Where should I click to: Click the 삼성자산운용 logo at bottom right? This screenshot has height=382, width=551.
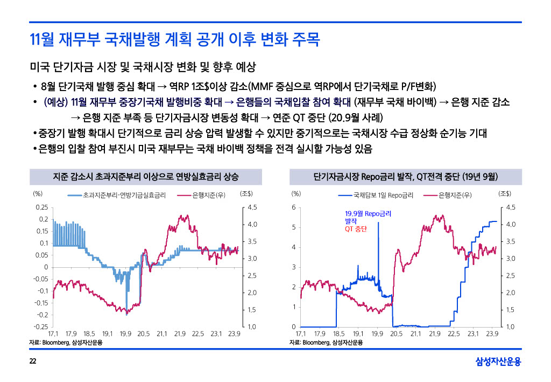click(x=498, y=361)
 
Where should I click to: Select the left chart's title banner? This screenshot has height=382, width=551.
click(x=146, y=177)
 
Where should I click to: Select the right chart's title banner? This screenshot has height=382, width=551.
click(x=406, y=177)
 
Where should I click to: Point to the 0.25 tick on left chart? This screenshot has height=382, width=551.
click(x=41, y=207)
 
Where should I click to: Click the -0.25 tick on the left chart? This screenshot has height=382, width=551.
click(x=40, y=327)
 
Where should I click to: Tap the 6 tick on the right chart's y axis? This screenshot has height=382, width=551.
click(x=293, y=207)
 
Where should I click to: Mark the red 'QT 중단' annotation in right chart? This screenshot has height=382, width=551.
click(x=356, y=229)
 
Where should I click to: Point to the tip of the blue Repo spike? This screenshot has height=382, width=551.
click(x=378, y=223)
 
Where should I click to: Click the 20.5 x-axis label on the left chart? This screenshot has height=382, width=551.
click(x=143, y=334)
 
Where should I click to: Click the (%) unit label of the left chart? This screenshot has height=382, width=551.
click(x=38, y=194)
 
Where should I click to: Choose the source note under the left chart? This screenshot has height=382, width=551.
click(x=66, y=342)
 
